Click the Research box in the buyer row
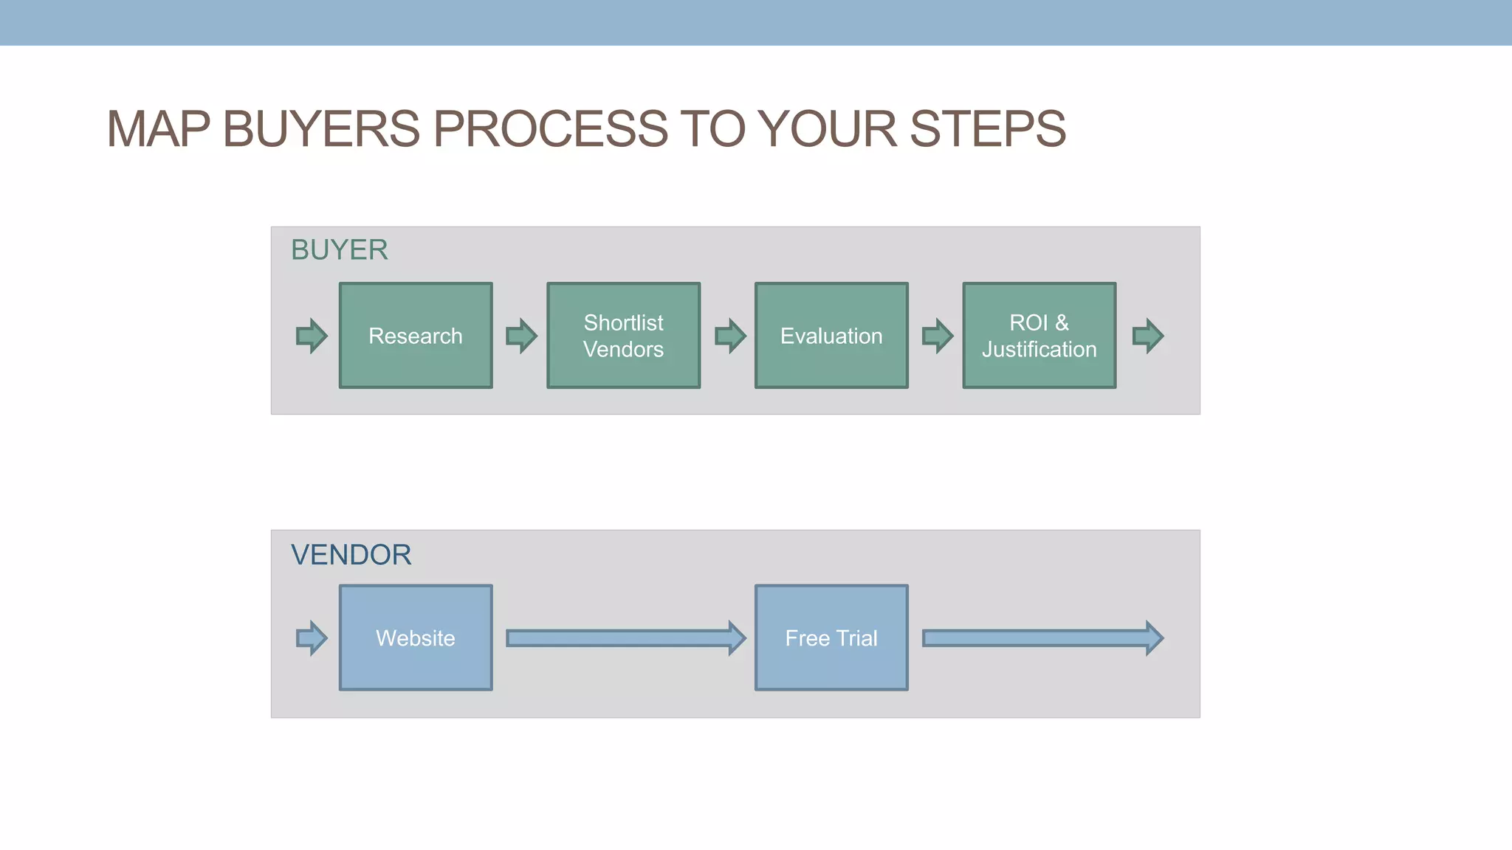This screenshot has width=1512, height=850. (416, 336)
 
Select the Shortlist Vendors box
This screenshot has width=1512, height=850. (624, 336)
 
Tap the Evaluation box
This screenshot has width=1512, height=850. (831, 336)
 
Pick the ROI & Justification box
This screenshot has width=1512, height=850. (1039, 336)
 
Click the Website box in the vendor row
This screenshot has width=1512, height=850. (416, 638)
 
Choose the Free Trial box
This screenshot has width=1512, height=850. (831, 638)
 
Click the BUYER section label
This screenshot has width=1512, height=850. (339, 250)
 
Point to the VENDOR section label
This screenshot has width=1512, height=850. (351, 555)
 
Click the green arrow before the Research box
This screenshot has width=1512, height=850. (312, 336)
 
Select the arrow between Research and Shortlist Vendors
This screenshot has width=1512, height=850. (521, 336)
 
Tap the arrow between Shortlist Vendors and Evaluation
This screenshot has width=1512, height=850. (730, 336)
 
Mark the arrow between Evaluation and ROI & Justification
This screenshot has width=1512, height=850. (938, 336)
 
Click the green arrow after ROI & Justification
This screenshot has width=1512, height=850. (1148, 336)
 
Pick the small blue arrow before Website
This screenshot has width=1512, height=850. (312, 638)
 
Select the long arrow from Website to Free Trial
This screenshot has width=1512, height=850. (625, 638)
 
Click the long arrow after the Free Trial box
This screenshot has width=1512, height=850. (1042, 638)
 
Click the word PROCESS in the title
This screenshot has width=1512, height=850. (549, 129)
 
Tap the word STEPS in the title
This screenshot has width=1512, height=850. (987, 129)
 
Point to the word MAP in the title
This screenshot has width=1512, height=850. (158, 129)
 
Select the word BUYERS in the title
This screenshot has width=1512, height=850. (321, 129)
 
